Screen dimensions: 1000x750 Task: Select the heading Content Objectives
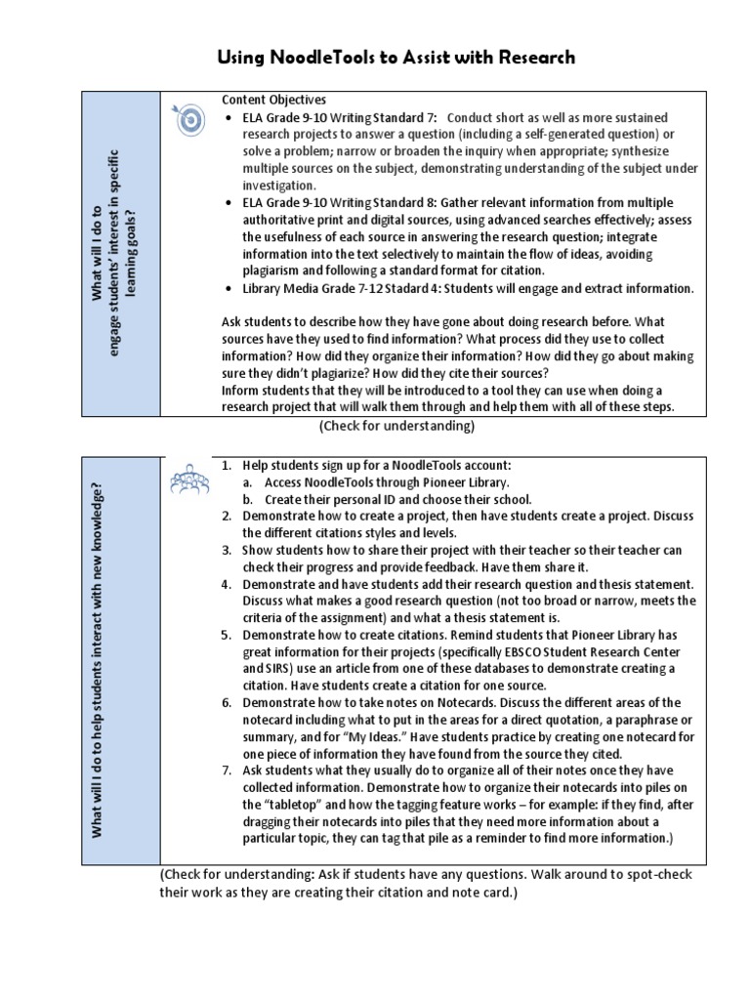point(273,100)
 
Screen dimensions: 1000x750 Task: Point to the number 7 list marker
point(226,770)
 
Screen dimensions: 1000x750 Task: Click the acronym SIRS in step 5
point(274,669)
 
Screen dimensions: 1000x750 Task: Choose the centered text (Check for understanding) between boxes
point(396,427)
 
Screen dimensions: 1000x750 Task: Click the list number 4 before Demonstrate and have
point(226,584)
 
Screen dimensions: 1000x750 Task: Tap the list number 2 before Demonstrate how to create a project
point(226,516)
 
